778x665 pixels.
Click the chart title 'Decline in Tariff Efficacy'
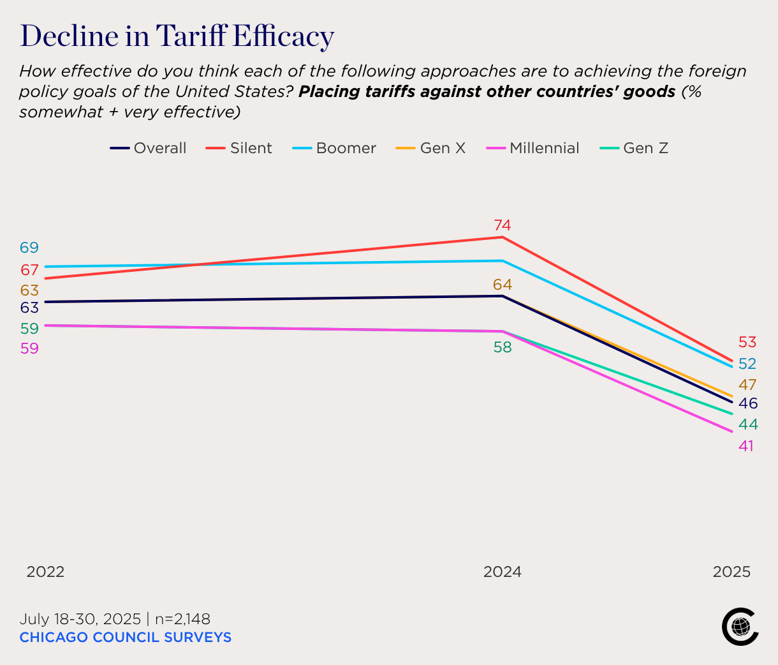click(x=177, y=36)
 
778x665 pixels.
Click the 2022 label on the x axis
click(x=45, y=572)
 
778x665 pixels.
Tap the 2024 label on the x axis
click(x=503, y=572)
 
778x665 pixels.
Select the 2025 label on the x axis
click(x=731, y=572)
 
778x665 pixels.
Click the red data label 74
click(x=503, y=225)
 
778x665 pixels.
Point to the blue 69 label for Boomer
click(x=29, y=248)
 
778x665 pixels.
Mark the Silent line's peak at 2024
click(x=503, y=237)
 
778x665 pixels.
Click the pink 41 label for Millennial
click(x=746, y=446)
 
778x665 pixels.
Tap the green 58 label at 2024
click(x=503, y=348)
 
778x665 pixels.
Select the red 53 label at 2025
click(x=747, y=343)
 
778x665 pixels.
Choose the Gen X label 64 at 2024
click(x=503, y=285)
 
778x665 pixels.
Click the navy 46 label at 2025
click(x=748, y=403)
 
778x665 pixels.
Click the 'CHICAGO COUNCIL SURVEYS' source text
click(x=125, y=638)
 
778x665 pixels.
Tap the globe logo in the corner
click(x=740, y=627)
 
